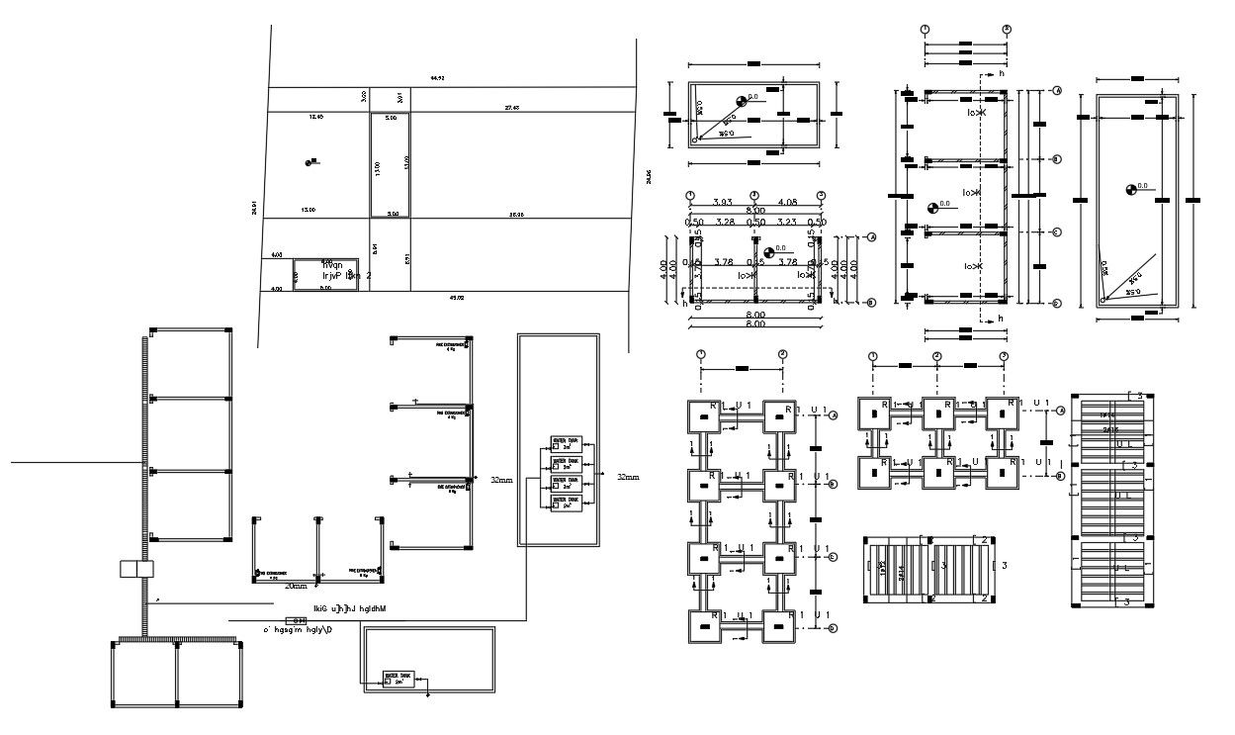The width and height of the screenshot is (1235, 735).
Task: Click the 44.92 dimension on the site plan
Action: click(436, 77)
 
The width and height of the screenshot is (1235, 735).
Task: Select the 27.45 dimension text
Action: click(512, 107)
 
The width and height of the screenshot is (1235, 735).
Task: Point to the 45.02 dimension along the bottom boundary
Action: click(456, 296)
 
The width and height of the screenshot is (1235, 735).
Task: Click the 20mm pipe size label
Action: click(296, 586)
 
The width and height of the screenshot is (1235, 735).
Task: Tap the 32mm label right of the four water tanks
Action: click(628, 477)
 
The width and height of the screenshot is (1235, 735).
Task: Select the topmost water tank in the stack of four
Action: click(568, 446)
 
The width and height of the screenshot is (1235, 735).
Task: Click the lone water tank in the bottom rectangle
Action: click(400, 680)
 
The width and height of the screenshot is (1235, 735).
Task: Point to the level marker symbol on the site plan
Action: click(312, 161)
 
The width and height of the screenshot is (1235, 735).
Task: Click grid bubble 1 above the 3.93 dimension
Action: click(690, 195)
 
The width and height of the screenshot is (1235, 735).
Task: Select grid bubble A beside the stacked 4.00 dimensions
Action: click(871, 237)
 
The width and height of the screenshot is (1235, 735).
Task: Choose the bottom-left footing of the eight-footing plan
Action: click(704, 625)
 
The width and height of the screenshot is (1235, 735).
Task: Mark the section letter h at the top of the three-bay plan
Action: click(1001, 73)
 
